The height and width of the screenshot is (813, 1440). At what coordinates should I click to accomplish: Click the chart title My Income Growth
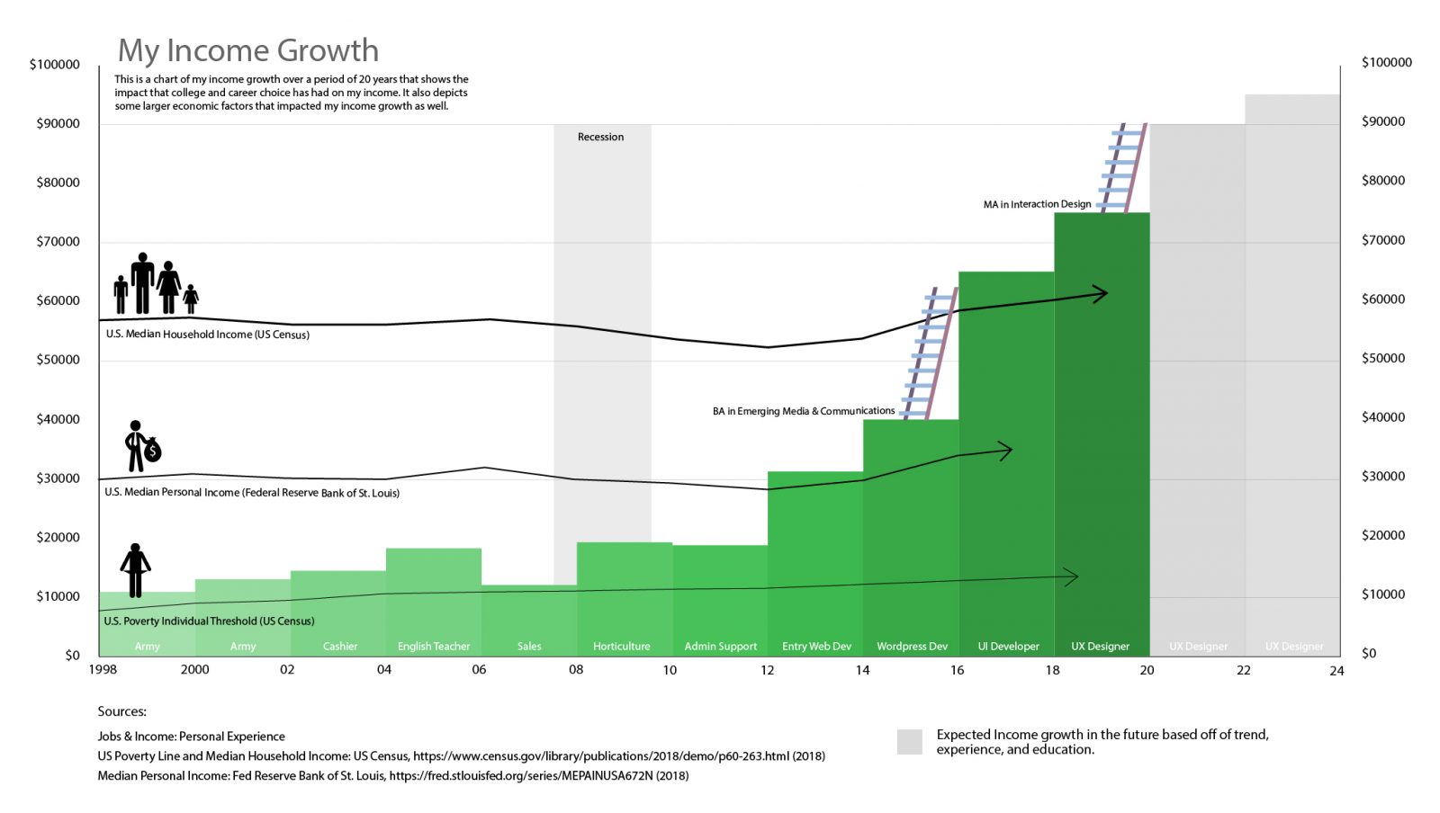tap(248, 50)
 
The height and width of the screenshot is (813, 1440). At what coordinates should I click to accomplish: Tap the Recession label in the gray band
tap(600, 137)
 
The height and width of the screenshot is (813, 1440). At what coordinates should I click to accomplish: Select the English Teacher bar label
tap(434, 646)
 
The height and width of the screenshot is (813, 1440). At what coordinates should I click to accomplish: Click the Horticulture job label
tap(621, 646)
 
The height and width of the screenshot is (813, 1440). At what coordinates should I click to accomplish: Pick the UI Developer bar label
tap(1008, 646)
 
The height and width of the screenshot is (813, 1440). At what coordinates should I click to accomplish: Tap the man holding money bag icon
tap(141, 446)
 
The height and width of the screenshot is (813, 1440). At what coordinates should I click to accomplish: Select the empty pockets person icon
tap(135, 570)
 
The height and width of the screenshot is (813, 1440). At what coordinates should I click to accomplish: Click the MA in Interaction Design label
tap(1037, 204)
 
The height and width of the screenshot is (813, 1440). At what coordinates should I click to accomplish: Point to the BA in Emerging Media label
tap(803, 411)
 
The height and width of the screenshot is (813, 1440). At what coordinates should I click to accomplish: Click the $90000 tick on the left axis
tap(58, 123)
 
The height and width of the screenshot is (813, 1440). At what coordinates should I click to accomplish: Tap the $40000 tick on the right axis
tap(1383, 417)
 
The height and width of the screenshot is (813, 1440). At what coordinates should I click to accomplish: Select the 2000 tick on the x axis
tap(194, 670)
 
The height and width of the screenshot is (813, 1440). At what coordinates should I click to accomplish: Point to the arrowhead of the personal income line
tap(1006, 450)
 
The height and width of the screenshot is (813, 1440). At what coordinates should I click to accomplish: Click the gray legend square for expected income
tap(910, 742)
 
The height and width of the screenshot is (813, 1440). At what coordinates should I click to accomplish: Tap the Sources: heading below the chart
tap(121, 711)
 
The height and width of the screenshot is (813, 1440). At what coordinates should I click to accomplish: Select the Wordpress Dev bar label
tap(912, 646)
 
